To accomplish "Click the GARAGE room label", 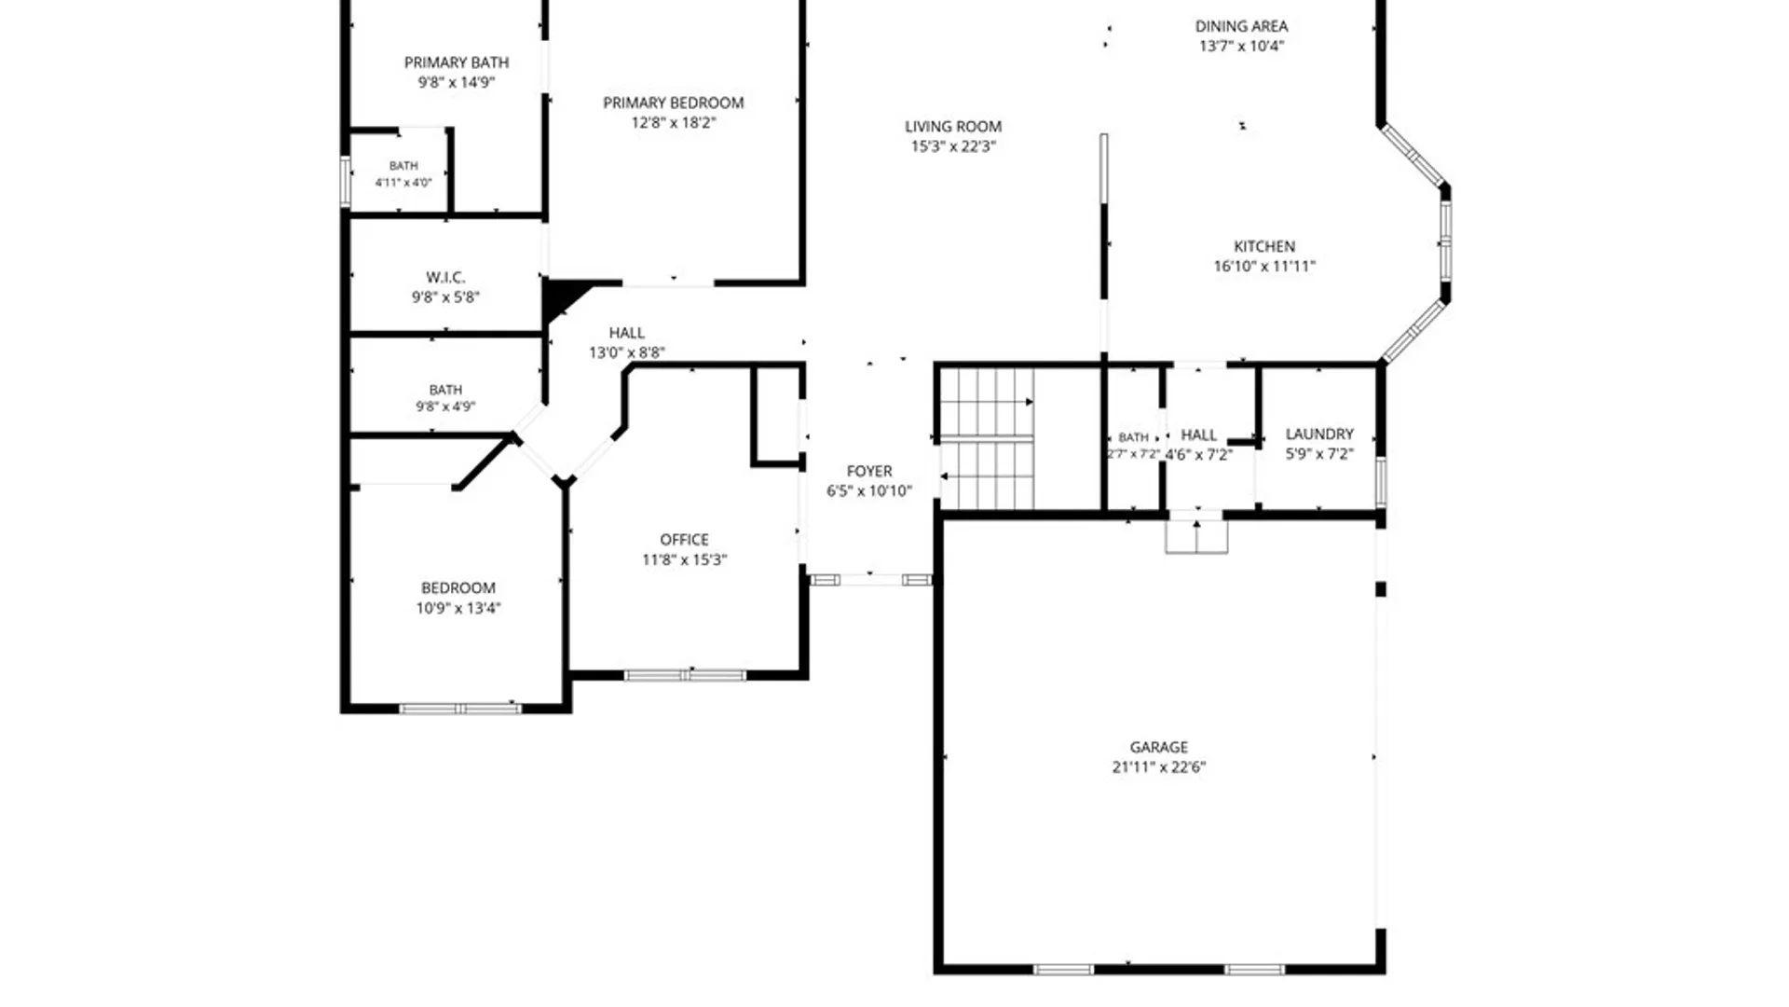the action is (x=1158, y=747).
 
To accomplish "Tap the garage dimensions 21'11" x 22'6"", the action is (x=1158, y=767).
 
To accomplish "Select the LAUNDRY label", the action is (x=1319, y=434).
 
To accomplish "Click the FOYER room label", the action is (x=869, y=471).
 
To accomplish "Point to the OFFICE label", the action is (x=684, y=540).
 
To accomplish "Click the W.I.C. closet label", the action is (x=445, y=277).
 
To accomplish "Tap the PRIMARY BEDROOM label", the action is (x=673, y=103).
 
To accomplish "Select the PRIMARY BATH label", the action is (x=457, y=62).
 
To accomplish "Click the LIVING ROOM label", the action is (x=953, y=126).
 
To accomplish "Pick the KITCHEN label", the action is (x=1264, y=246).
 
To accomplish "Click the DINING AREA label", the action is (x=1241, y=26).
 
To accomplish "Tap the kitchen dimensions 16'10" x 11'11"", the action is (x=1264, y=267).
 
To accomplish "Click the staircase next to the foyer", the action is (x=987, y=439).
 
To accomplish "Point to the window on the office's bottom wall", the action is (x=685, y=675).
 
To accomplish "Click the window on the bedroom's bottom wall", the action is (x=460, y=709).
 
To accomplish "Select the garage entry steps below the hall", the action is (x=1196, y=536).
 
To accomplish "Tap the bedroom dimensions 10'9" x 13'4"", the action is (x=458, y=608).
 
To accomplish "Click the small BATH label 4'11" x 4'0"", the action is (x=403, y=173).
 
